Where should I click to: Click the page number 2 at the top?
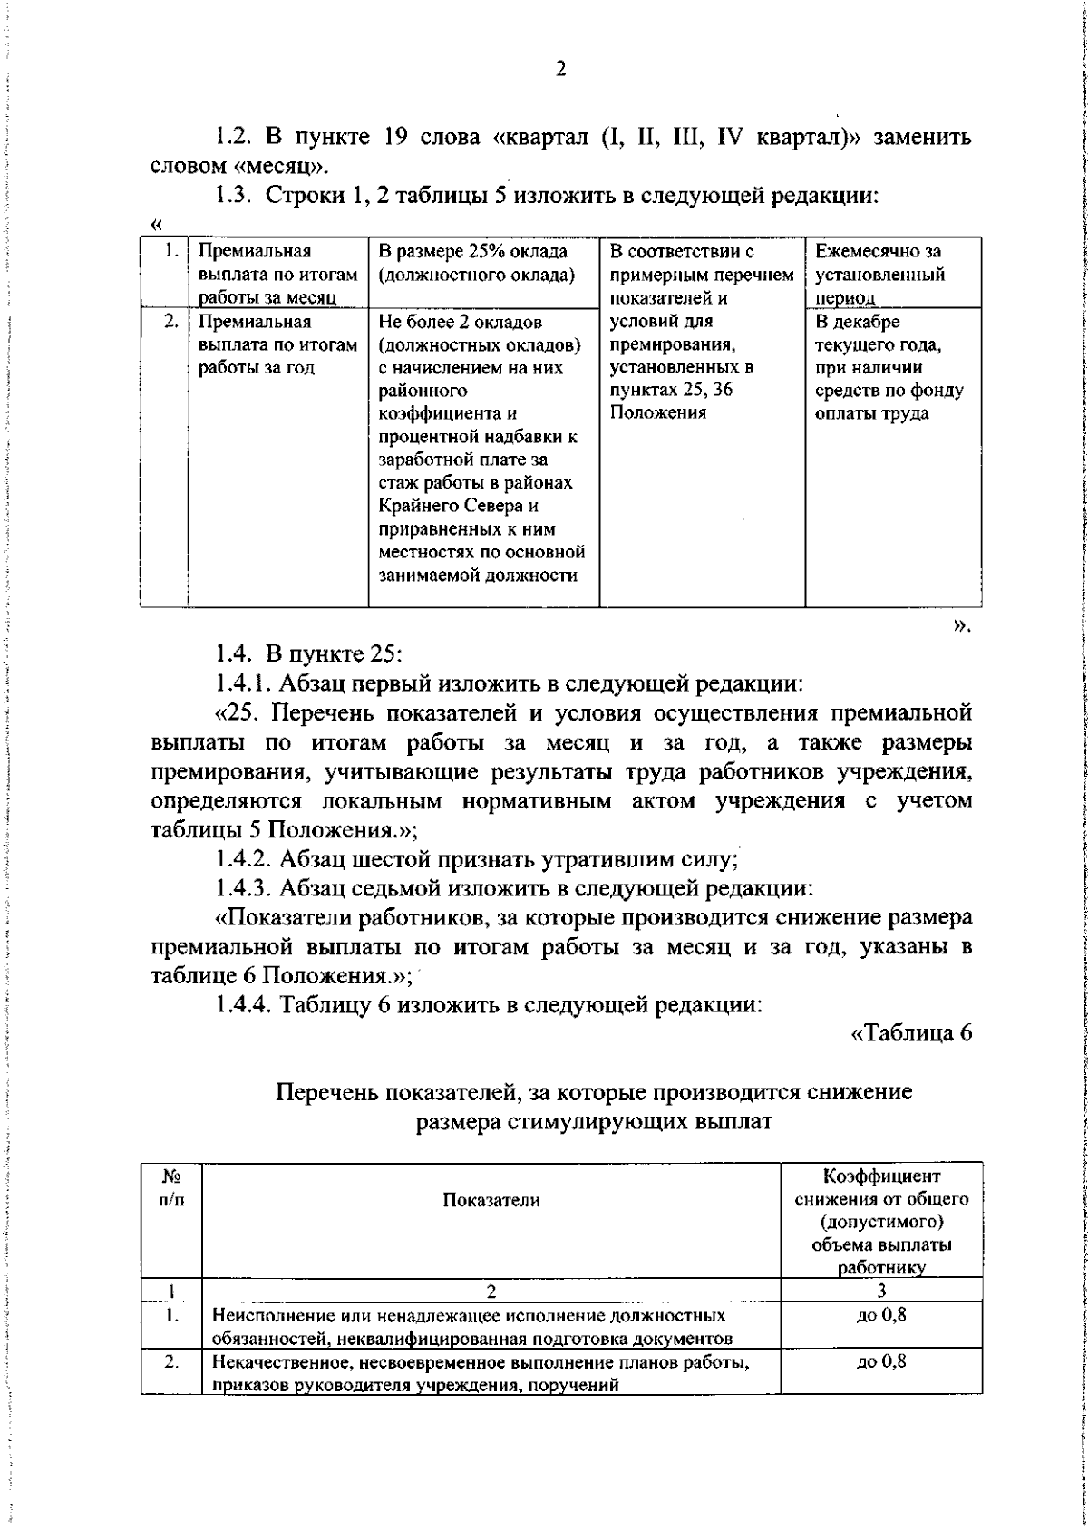point(559,70)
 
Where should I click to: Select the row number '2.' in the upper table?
point(170,322)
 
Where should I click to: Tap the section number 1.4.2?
point(244,857)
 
